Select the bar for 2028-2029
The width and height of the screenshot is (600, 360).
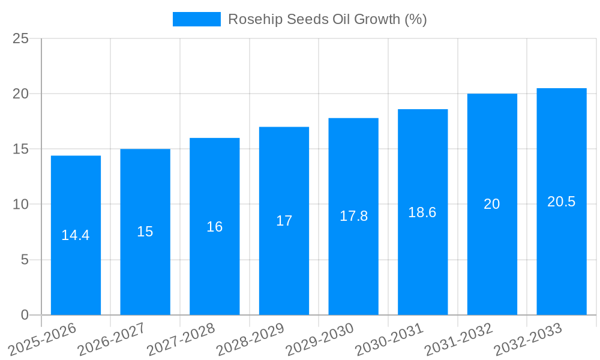pyautogui.click(x=284, y=264)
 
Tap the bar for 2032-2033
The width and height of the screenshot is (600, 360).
pyautogui.click(x=562, y=258)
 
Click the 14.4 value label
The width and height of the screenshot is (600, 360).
pyautogui.click(x=76, y=235)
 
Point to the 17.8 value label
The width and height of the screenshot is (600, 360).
pyautogui.click(x=354, y=216)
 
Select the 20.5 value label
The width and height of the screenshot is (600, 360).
pyautogui.click(x=562, y=202)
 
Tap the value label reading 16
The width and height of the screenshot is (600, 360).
pyautogui.click(x=215, y=227)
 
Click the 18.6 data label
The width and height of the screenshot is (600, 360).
pyautogui.click(x=422, y=212)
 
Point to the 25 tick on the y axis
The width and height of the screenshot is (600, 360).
pyautogui.click(x=20, y=38)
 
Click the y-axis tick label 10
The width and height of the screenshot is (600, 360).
pyautogui.click(x=20, y=205)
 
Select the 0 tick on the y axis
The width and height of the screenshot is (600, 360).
pyautogui.click(x=25, y=315)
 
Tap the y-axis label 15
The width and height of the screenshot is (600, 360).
pyautogui.click(x=20, y=149)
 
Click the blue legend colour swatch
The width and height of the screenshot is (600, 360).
pyautogui.click(x=196, y=19)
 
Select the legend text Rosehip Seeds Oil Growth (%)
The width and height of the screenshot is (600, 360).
pyautogui.click(x=328, y=19)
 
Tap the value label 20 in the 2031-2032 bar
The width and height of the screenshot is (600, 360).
pyautogui.click(x=492, y=204)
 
